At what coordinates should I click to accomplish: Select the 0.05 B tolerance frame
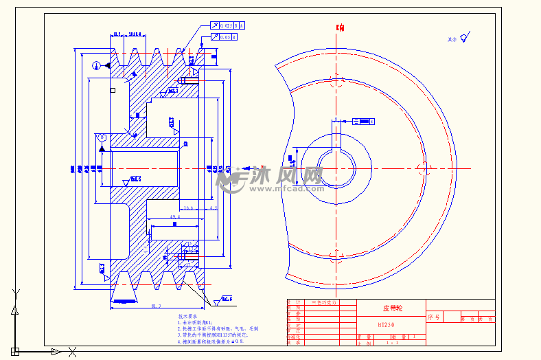click(224, 37)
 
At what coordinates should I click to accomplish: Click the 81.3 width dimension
click(155, 306)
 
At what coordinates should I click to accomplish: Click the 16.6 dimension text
click(188, 207)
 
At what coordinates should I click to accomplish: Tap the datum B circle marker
click(102, 137)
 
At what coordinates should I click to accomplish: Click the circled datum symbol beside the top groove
click(97, 65)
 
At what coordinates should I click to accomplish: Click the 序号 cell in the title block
click(433, 317)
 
